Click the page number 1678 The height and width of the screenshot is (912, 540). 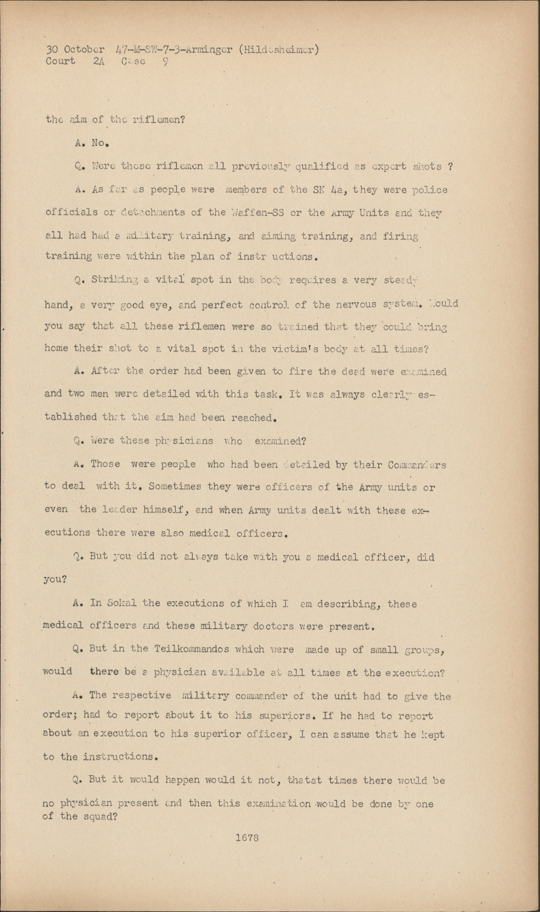[x=246, y=837]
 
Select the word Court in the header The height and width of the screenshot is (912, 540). [x=60, y=61]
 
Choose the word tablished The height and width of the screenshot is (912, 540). [x=71, y=417]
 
